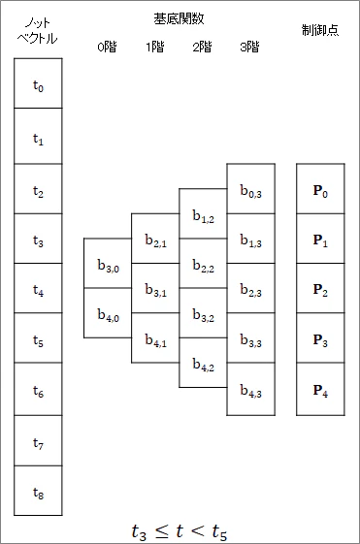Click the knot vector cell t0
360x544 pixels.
[x=38, y=83]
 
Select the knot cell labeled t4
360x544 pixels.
[x=38, y=288]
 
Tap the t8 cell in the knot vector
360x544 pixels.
[x=38, y=491]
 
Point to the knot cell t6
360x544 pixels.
[x=38, y=389]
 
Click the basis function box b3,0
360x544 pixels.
[x=108, y=263]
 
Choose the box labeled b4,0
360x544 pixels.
[x=108, y=312]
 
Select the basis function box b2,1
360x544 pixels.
[x=155, y=239]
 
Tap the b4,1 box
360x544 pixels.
[x=155, y=337]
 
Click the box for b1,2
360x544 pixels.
[x=203, y=213]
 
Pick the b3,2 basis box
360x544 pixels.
[x=203, y=313]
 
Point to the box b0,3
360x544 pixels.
[x=251, y=189]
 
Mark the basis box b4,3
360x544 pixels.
[x=251, y=389]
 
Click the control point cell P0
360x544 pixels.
[x=320, y=189]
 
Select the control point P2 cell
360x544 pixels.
[x=320, y=288]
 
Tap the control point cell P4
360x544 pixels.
[x=320, y=389]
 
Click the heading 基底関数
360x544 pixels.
[x=179, y=18]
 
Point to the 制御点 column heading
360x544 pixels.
[x=320, y=30]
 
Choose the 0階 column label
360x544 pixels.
[x=107, y=47]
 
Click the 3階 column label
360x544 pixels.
[x=249, y=47]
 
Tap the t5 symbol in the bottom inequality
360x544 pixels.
[x=219, y=532]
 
